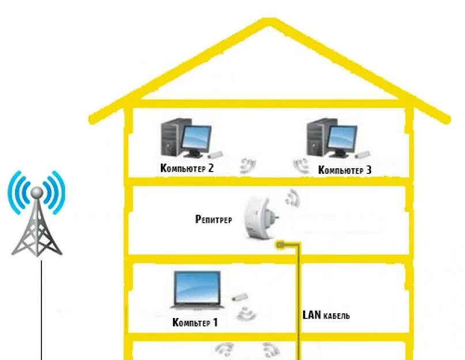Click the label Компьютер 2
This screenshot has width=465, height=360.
[187, 169]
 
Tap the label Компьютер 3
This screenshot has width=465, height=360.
[345, 170]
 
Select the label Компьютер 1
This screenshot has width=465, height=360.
[195, 323]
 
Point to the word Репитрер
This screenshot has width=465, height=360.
[213, 219]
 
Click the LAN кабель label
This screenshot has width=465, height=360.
[326, 316]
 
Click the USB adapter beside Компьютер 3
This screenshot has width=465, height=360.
[362, 154]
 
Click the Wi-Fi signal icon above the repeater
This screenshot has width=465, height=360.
[292, 199]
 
